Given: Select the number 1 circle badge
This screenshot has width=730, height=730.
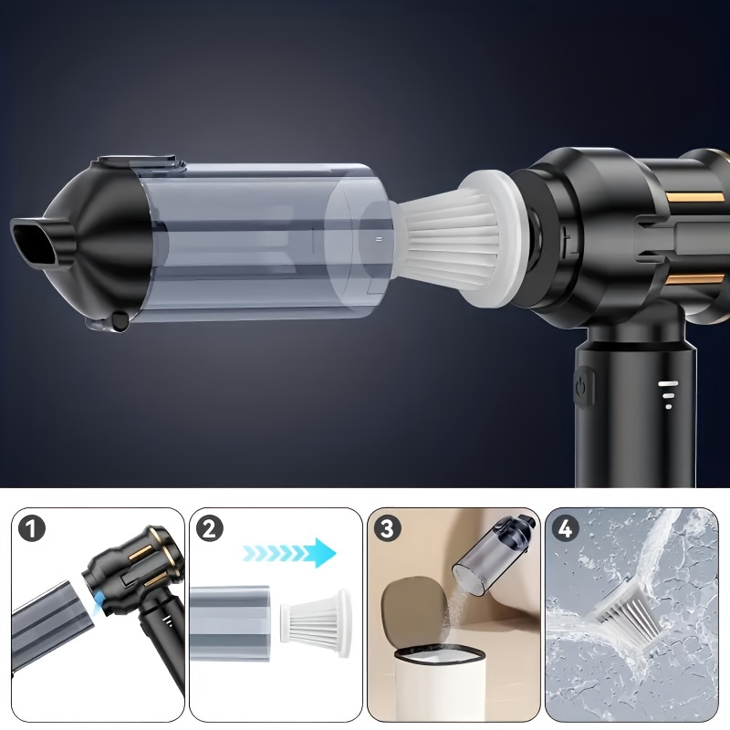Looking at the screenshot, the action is pos(32,529).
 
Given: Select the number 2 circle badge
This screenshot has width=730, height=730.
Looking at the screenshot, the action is pos(210,529).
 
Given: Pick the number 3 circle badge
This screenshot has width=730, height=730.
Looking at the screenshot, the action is pos(388,529).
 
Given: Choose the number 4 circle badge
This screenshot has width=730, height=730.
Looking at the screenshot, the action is pos(565,529).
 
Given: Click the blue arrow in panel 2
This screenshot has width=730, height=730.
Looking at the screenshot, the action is pos(289,553).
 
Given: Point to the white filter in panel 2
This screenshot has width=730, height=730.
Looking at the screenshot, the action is pos(315,623).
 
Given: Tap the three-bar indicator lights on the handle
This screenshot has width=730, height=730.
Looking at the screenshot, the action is pos(669,394).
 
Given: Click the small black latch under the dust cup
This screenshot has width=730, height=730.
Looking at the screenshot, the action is pos(120,321).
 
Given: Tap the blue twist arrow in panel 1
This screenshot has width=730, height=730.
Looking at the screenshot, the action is pos(97,605).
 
